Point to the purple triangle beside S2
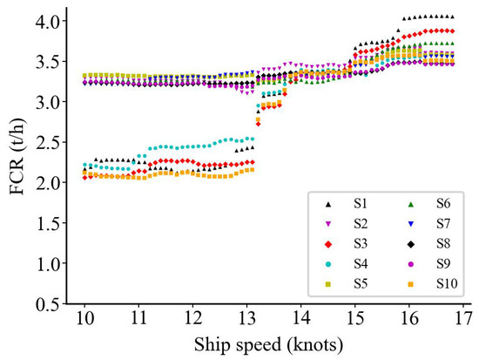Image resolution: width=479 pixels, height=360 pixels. pos(327,222)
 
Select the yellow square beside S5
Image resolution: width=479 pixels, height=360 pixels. pos(327,282)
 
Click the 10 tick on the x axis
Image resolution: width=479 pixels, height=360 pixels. pos(84,316)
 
